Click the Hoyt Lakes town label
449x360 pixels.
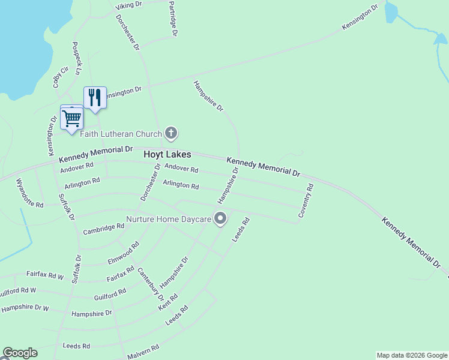167,154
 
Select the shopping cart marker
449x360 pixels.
71,118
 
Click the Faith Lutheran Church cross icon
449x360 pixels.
171,133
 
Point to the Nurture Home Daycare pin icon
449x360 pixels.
221,219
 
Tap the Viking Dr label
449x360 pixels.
127,7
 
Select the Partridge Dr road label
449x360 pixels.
173,19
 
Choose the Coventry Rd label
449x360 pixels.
306,200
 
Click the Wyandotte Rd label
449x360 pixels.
29,193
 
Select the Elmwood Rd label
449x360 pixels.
124,253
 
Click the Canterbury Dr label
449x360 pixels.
151,284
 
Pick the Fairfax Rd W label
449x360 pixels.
45,275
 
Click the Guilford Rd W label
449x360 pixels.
18,290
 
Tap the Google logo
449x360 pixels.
20,353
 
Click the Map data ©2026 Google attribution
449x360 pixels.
412,355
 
